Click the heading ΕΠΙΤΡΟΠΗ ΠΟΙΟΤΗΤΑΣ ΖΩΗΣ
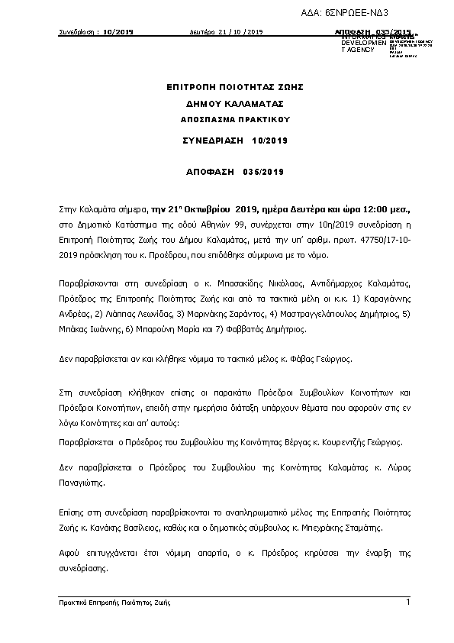[227, 89]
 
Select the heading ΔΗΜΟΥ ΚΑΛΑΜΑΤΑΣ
[227, 104]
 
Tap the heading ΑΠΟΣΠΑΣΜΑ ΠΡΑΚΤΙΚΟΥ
[227, 120]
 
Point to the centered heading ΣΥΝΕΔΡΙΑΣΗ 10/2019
[227, 141]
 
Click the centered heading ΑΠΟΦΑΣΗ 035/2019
[227, 173]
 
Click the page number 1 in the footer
[408, 603]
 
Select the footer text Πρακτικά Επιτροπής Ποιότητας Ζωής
[114, 603]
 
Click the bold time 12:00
[370, 208]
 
